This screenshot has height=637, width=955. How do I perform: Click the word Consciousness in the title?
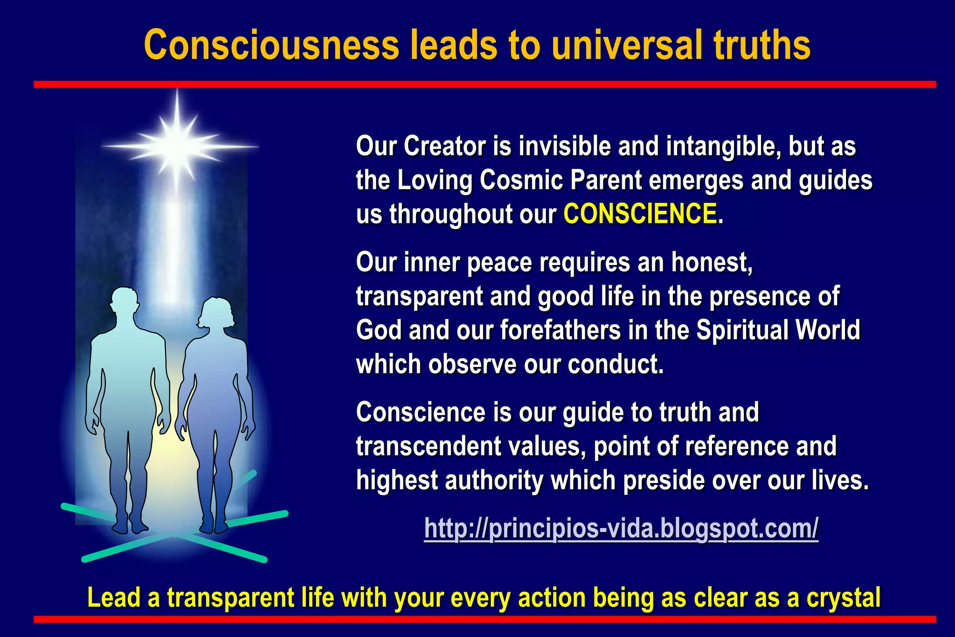[272, 45]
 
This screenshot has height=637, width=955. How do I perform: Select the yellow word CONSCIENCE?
[640, 214]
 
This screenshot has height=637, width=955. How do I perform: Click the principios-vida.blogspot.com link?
[621, 528]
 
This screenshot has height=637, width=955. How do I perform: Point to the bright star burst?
[178, 145]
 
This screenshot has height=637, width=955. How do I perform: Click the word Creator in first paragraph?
[444, 146]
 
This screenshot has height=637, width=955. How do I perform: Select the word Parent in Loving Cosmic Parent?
[606, 180]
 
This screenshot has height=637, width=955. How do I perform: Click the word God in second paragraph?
[378, 330]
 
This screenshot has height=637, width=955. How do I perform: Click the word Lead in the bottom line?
[114, 598]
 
